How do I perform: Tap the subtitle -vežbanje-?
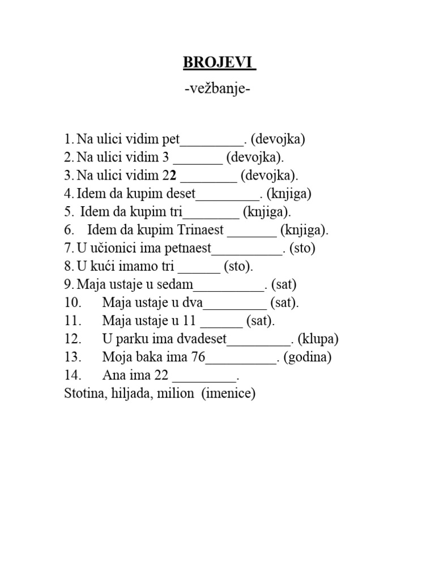217,90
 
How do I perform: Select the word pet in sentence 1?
170,139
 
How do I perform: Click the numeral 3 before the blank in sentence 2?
166,157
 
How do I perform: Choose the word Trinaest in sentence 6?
201,230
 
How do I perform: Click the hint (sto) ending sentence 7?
302,248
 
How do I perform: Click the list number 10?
74,302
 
